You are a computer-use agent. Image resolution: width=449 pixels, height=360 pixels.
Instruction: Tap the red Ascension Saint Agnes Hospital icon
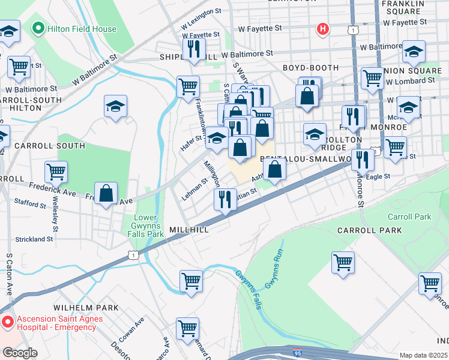pos(8,322)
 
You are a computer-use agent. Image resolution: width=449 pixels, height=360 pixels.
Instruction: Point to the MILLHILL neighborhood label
pos(189,230)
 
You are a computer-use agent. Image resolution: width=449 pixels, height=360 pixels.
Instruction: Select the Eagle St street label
pos(378,176)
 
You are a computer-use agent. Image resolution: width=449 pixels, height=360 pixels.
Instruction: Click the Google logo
pos(20,353)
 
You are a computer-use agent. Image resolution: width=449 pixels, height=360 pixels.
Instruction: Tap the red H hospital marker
pos(323,28)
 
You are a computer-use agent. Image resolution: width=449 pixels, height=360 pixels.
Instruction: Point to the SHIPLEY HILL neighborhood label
pos(188,57)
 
